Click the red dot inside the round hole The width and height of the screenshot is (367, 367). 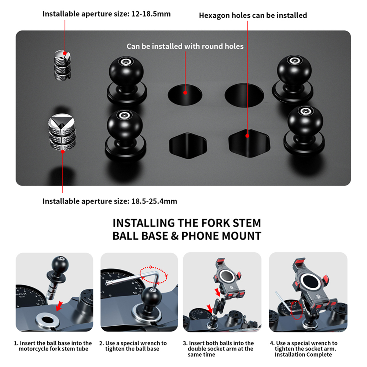click(185, 93)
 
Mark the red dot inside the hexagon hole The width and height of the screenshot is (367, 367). click(247, 136)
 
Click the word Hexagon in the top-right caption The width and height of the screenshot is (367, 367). click(215, 15)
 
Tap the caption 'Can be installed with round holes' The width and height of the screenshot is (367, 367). click(185, 46)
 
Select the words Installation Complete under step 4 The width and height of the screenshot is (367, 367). click(303, 355)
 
